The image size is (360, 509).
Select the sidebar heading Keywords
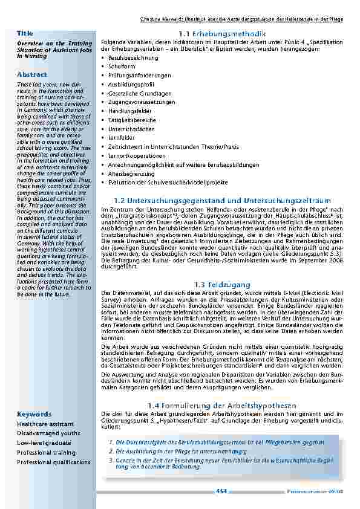[x=34, y=414]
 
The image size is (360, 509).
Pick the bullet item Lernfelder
[x=121, y=138]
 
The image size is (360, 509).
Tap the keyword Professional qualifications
[x=54, y=462]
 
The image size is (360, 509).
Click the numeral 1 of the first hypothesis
[x=111, y=442]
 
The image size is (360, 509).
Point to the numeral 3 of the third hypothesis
[x=111, y=461]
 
